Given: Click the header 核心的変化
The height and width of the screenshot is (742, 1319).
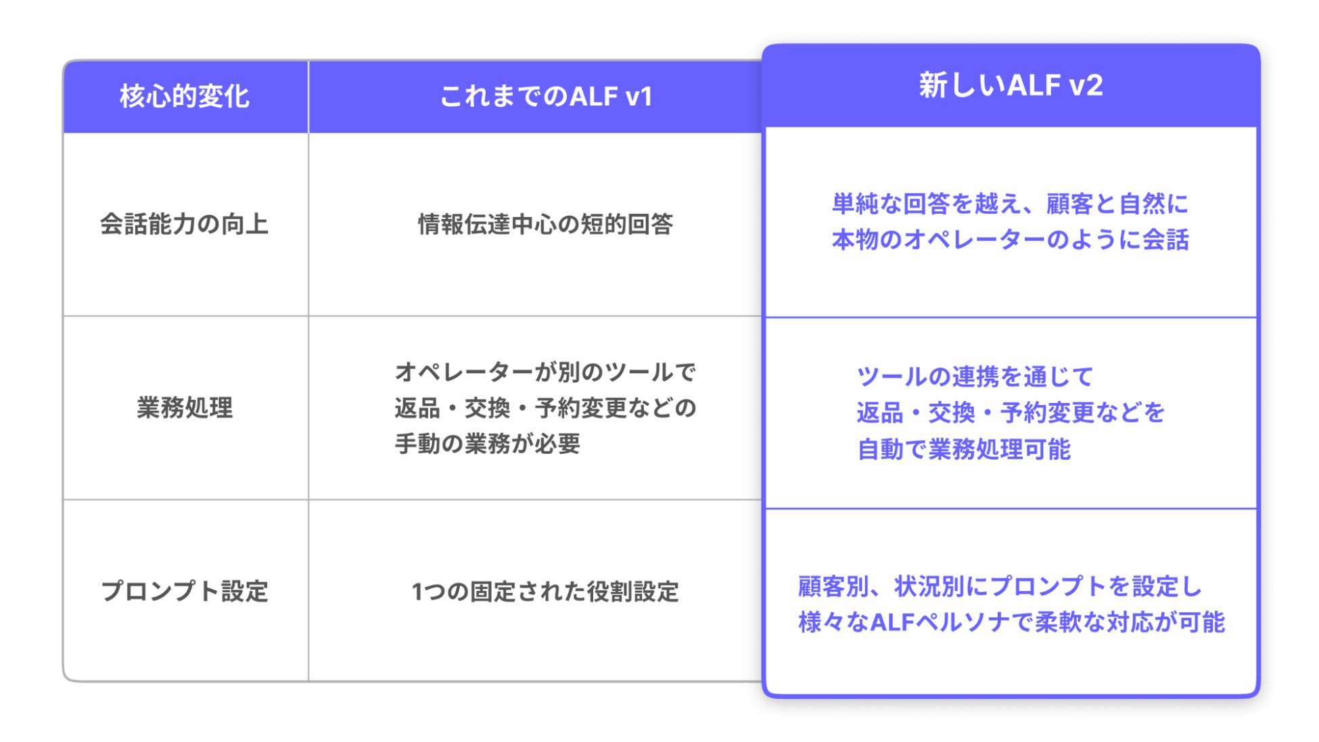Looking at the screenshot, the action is click(x=185, y=97).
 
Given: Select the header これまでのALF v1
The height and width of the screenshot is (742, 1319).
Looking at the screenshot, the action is click(x=545, y=97).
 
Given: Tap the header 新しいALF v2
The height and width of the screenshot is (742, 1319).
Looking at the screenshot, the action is click(x=1011, y=86).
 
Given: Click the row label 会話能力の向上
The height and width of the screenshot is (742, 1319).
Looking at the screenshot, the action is click(x=185, y=224).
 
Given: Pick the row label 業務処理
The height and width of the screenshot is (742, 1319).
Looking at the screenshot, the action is click(x=185, y=408).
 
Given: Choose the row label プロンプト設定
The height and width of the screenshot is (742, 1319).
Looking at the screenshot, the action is click(x=185, y=591).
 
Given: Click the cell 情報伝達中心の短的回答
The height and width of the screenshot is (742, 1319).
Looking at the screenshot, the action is click(x=545, y=224).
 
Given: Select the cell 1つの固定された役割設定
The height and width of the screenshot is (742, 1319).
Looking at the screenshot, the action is click(x=545, y=591).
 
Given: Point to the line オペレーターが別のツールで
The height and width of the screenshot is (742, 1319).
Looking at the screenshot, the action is click(x=545, y=371).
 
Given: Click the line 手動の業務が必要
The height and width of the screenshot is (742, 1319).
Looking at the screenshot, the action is click(x=488, y=444).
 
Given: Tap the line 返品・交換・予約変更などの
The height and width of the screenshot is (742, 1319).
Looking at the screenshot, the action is click(x=545, y=408).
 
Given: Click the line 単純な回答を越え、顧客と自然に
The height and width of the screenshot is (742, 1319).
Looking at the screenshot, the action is click(x=1010, y=204).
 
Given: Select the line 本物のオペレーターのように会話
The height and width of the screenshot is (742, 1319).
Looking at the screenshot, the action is click(x=1010, y=239).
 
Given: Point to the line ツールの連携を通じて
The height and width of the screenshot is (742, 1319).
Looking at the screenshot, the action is click(x=975, y=376).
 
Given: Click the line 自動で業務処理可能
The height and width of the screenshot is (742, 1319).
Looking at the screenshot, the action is click(x=964, y=449).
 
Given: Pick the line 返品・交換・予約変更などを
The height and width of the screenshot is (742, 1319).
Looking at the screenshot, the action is click(x=1011, y=413).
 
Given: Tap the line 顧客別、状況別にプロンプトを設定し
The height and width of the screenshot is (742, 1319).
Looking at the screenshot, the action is click(x=1000, y=586).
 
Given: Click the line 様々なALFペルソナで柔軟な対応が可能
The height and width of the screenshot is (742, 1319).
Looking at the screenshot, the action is click(x=1011, y=622).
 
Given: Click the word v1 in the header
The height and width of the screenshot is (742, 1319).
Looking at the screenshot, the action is click(x=639, y=97).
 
